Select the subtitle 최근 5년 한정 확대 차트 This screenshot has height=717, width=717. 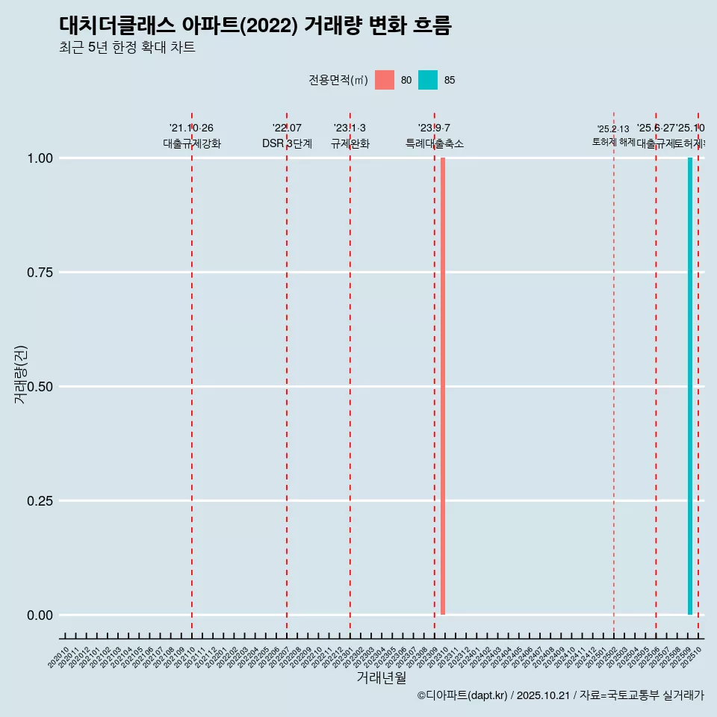tap(127, 48)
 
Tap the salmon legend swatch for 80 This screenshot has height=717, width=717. tap(385, 80)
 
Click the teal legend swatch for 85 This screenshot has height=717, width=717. tap(428, 80)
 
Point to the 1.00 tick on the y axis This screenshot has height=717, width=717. tap(38, 158)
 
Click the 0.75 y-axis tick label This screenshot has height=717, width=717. tap(38, 273)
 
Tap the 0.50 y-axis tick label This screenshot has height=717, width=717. tap(38, 387)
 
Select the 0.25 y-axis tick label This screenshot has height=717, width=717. tap(38, 501)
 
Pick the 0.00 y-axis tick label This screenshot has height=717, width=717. tap(38, 615)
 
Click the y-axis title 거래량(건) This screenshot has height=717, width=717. tap(20, 374)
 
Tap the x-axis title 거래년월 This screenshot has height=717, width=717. tap(381, 677)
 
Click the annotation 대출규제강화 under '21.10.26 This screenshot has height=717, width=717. tap(192, 143)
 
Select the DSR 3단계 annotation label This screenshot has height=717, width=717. tap(287, 143)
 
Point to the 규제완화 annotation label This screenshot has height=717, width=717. tap(350, 143)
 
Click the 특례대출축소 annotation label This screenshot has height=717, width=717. tap(435, 143)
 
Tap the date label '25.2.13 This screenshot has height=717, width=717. tap(613, 129)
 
